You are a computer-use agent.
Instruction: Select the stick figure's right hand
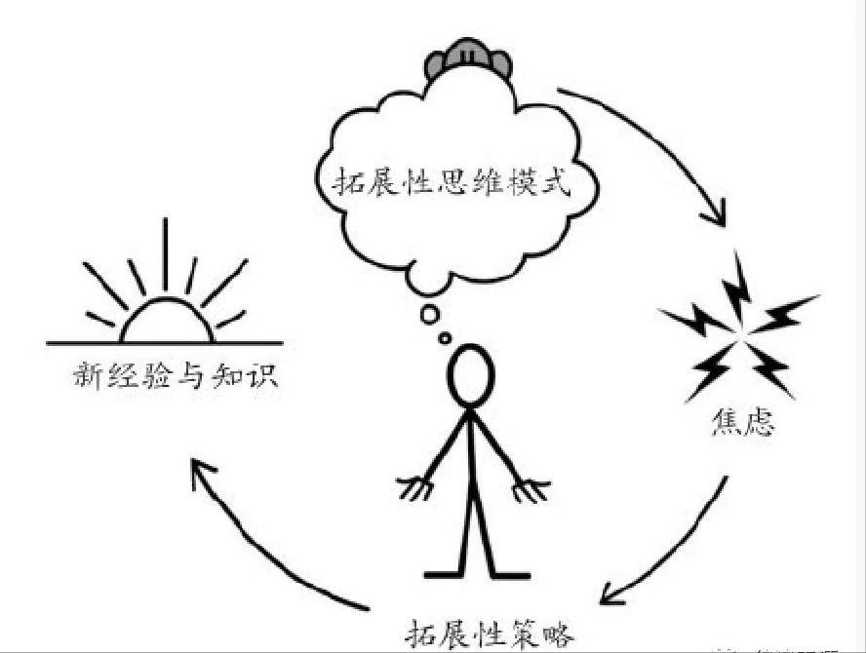531,487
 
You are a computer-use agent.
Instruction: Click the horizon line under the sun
166,343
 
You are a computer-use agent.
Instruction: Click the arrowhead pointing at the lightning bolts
717,214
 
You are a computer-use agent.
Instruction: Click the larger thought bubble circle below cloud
429,314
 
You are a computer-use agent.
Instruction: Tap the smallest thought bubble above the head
446,338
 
